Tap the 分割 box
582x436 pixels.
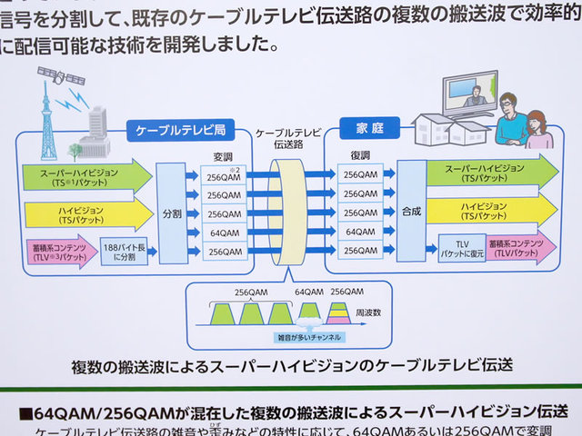pyautogui.click(x=173, y=214)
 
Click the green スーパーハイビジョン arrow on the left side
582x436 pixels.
pyautogui.click(x=86, y=175)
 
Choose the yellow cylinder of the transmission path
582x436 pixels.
pyautogui.click(x=289, y=212)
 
